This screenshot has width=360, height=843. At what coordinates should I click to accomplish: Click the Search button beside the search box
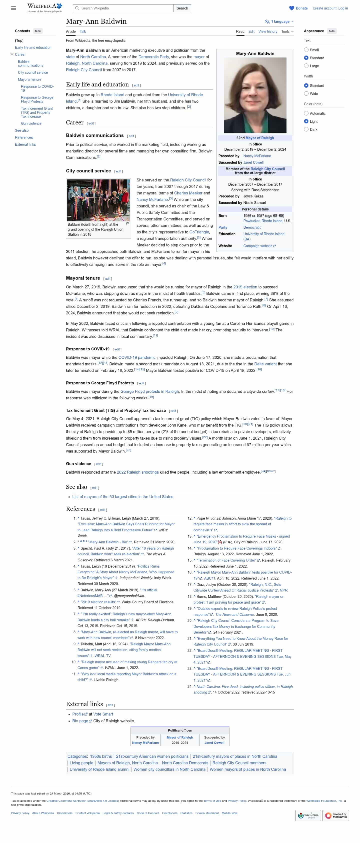click(182, 8)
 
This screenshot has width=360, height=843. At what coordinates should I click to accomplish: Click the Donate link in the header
click(301, 8)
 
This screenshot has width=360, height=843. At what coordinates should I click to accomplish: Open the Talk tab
click(83, 31)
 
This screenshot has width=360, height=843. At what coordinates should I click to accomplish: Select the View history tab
click(267, 31)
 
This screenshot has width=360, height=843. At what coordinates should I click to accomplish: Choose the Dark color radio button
click(306, 129)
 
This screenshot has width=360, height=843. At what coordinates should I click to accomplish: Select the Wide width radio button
click(306, 93)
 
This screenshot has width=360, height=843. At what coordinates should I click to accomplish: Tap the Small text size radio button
click(306, 50)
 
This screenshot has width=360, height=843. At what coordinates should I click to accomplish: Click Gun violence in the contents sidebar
click(31, 123)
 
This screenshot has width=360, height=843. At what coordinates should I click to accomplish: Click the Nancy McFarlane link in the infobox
click(257, 156)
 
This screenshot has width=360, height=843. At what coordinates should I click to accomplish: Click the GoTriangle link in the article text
click(199, 232)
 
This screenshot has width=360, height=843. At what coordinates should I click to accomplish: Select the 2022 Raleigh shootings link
click(137, 472)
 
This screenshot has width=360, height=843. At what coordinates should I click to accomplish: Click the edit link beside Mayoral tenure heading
click(108, 278)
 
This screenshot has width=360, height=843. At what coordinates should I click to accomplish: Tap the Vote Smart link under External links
click(103, 714)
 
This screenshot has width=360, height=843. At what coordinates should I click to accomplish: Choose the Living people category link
click(81, 763)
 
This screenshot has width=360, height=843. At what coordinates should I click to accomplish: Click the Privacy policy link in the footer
click(20, 813)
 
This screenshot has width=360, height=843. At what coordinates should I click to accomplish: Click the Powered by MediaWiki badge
click(335, 816)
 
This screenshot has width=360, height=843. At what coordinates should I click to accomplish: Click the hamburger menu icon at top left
click(13, 8)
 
